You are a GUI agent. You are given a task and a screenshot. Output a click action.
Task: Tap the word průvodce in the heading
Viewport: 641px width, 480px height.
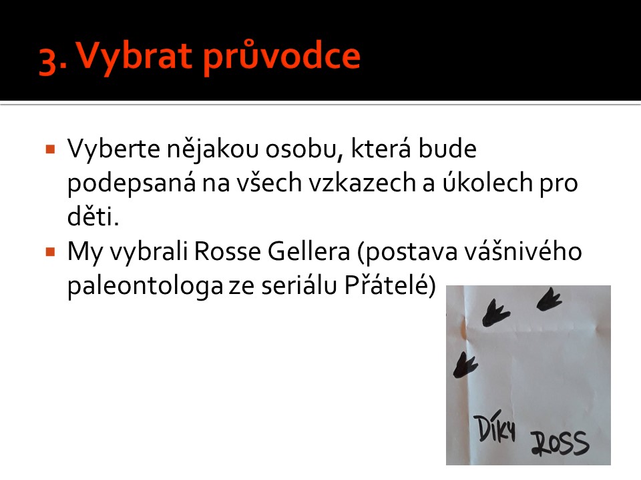point(282,57)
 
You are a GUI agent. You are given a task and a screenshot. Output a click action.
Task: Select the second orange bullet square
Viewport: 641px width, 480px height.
point(51,252)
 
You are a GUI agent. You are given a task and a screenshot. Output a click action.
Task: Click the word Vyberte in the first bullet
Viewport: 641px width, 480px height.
point(114,149)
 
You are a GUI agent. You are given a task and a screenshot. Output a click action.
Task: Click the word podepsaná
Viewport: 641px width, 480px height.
point(132,183)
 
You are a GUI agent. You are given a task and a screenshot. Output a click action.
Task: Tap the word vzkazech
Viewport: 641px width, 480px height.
point(362,183)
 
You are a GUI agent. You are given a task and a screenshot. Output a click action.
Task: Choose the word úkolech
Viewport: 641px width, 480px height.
point(487,183)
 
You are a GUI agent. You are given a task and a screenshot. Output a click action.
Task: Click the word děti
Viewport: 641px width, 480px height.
point(93,217)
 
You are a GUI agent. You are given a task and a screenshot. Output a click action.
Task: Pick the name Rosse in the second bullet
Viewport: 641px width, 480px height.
point(227,251)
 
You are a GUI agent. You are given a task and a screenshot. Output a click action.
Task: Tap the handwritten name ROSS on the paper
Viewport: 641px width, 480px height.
point(560,443)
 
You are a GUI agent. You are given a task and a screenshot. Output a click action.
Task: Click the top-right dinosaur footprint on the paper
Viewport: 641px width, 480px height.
point(549,299)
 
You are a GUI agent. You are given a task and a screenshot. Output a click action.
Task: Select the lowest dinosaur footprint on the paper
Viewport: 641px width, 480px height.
point(465,365)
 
